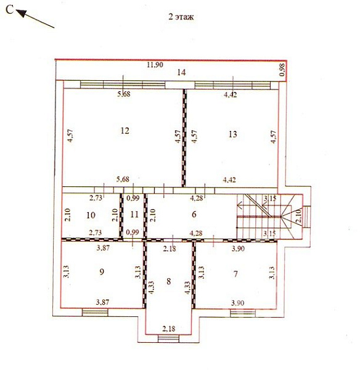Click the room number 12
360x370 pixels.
pyautogui.click(x=125, y=131)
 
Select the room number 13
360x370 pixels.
pyautogui.click(x=232, y=134)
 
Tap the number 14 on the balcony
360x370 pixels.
pyautogui.click(x=181, y=72)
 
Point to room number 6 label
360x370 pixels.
pyautogui.click(x=194, y=214)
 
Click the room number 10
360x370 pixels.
pyautogui.click(x=91, y=215)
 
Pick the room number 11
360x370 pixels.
pyautogui.click(x=134, y=215)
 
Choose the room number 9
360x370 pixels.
pyautogui.click(x=102, y=272)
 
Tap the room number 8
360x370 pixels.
pyautogui.click(x=168, y=281)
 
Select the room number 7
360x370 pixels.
pyautogui.click(x=235, y=274)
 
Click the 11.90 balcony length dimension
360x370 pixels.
pyautogui.click(x=155, y=65)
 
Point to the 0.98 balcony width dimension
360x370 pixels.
pyautogui.click(x=282, y=70)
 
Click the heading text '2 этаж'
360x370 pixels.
pyautogui.click(x=181, y=17)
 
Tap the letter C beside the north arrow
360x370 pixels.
pyautogui.click(x=9, y=10)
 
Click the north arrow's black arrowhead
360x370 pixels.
pyautogui.click(x=21, y=13)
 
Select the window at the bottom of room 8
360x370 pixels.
pyautogui.click(x=168, y=339)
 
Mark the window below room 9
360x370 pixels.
pyautogui.click(x=95, y=313)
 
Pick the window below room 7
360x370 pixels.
pyautogui.click(x=243, y=313)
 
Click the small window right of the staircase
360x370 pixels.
pyautogui.click(x=306, y=217)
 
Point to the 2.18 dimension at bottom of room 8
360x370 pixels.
pyautogui.click(x=169, y=329)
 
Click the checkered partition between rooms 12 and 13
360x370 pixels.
pyautogui.click(x=184, y=138)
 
